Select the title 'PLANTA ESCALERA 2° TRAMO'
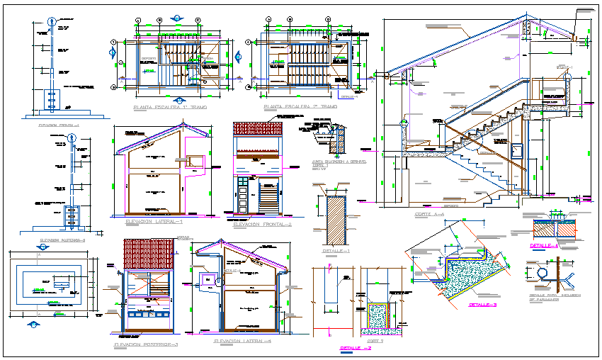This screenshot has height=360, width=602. click(x=300, y=107)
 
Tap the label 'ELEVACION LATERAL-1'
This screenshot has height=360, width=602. click(x=154, y=222)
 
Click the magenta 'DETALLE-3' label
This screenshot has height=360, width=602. click(x=483, y=305)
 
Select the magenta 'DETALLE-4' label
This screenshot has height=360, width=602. click(x=544, y=246)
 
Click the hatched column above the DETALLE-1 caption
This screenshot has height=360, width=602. click(x=334, y=220)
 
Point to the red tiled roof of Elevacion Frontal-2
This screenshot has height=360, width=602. click(x=258, y=130)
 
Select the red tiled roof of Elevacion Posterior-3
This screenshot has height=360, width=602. click(x=149, y=254)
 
